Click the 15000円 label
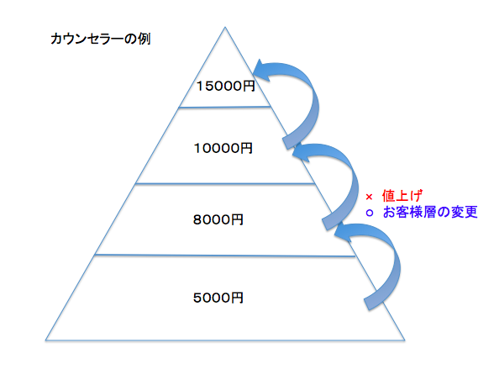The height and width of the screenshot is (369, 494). (225, 86)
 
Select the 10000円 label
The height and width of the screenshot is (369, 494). (223, 148)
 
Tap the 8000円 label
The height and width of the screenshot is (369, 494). (218, 219)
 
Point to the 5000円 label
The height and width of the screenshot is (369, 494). (218, 298)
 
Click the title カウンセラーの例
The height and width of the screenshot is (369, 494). (101, 39)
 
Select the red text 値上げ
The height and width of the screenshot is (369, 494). (402, 196)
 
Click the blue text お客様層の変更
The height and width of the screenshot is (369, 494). (430, 212)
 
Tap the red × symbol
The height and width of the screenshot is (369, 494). (369, 197)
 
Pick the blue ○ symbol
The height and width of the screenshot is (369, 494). (370, 213)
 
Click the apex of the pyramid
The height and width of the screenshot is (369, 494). (225, 27)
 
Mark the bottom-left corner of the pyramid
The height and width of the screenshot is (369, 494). (45, 340)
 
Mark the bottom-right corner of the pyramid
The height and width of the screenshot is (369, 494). (405, 340)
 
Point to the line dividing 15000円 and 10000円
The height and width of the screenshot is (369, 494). (224, 107)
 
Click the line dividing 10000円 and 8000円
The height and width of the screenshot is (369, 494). (225, 184)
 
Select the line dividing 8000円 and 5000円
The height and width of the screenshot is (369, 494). (225, 256)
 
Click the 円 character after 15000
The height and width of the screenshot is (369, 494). (249, 86)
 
